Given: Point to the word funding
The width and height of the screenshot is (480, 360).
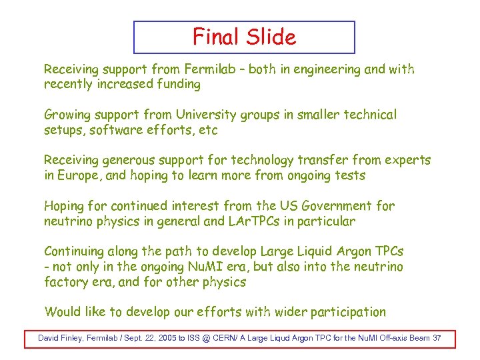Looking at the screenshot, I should pyautogui.click(x=177, y=85).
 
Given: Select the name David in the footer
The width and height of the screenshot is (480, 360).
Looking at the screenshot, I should pyautogui.click(x=50, y=338).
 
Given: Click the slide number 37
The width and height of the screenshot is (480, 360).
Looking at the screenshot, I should pyautogui.click(x=437, y=338).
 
